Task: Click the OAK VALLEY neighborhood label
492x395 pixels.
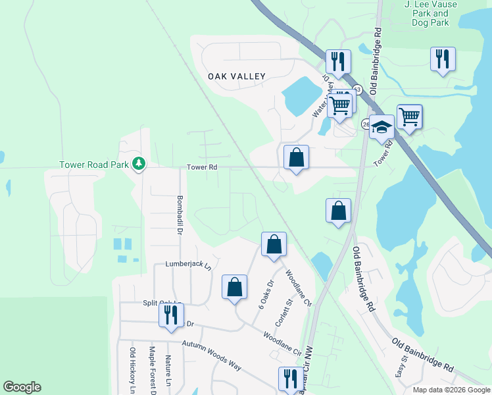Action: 237,76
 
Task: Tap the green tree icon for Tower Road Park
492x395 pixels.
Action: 138,163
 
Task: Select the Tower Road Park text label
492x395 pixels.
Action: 95,165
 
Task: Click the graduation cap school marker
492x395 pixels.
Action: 381,126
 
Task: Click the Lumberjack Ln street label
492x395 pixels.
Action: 187,266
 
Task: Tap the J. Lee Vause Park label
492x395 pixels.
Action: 426,13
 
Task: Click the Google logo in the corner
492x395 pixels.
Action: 22,387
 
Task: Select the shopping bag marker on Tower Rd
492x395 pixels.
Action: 296,157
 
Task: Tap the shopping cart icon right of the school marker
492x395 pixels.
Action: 409,117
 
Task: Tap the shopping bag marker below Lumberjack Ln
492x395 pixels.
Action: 234,287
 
